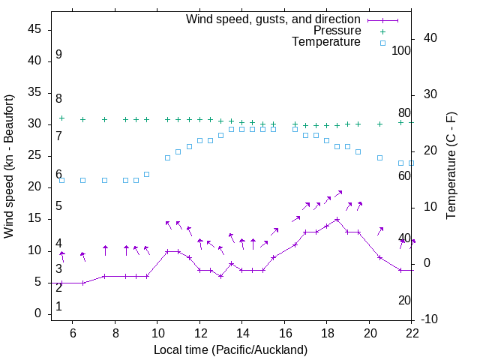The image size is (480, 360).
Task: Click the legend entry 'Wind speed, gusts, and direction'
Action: [x=274, y=19]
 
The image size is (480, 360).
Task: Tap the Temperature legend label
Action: [x=326, y=42]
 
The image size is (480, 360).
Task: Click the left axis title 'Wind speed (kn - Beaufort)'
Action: [x=9, y=166]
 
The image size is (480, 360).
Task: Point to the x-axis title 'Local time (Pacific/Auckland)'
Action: [x=231, y=349]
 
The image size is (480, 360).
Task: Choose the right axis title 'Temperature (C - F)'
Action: [x=451, y=166]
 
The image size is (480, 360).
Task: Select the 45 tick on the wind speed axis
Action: [x=35, y=29]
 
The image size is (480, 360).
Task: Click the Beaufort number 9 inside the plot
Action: [x=58, y=55]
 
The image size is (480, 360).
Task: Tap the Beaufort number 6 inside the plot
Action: [x=58, y=175]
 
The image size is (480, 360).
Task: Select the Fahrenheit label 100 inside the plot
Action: [x=401, y=51]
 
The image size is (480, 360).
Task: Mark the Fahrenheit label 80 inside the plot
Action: [x=404, y=113]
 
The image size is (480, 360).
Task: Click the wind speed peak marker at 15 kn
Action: [x=337, y=220]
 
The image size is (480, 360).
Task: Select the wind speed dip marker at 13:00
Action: [x=220, y=276]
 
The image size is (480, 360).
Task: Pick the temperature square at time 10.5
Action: [x=168, y=157]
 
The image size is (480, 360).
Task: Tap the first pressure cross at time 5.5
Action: [x=62, y=118]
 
